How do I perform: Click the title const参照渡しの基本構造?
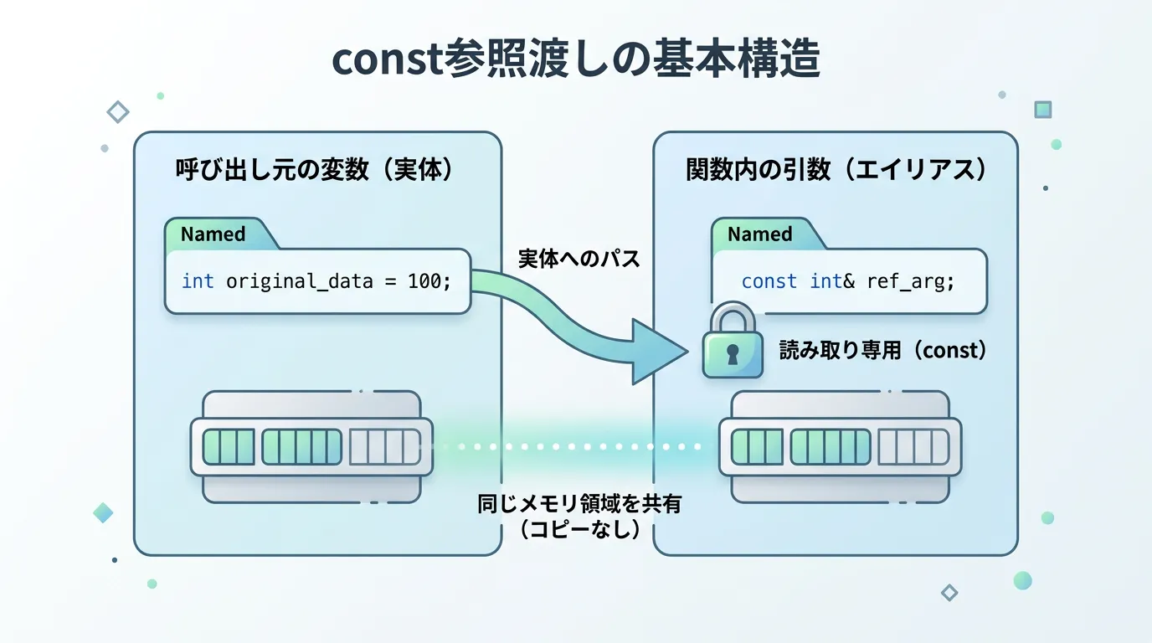point(576,61)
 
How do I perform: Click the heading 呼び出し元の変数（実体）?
point(315,170)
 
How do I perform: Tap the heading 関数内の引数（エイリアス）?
point(836,170)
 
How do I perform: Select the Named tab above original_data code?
point(213,234)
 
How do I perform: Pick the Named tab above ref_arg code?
point(760,234)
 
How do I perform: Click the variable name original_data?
point(299,281)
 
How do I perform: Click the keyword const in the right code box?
point(769,281)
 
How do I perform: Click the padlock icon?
point(732,343)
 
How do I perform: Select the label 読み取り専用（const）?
point(883,350)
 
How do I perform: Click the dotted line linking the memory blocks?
point(578,447)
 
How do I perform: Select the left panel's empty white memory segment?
point(384,447)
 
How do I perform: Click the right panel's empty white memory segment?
point(913,447)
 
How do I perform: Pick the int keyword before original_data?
point(198,281)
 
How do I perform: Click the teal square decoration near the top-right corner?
point(1042,110)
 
